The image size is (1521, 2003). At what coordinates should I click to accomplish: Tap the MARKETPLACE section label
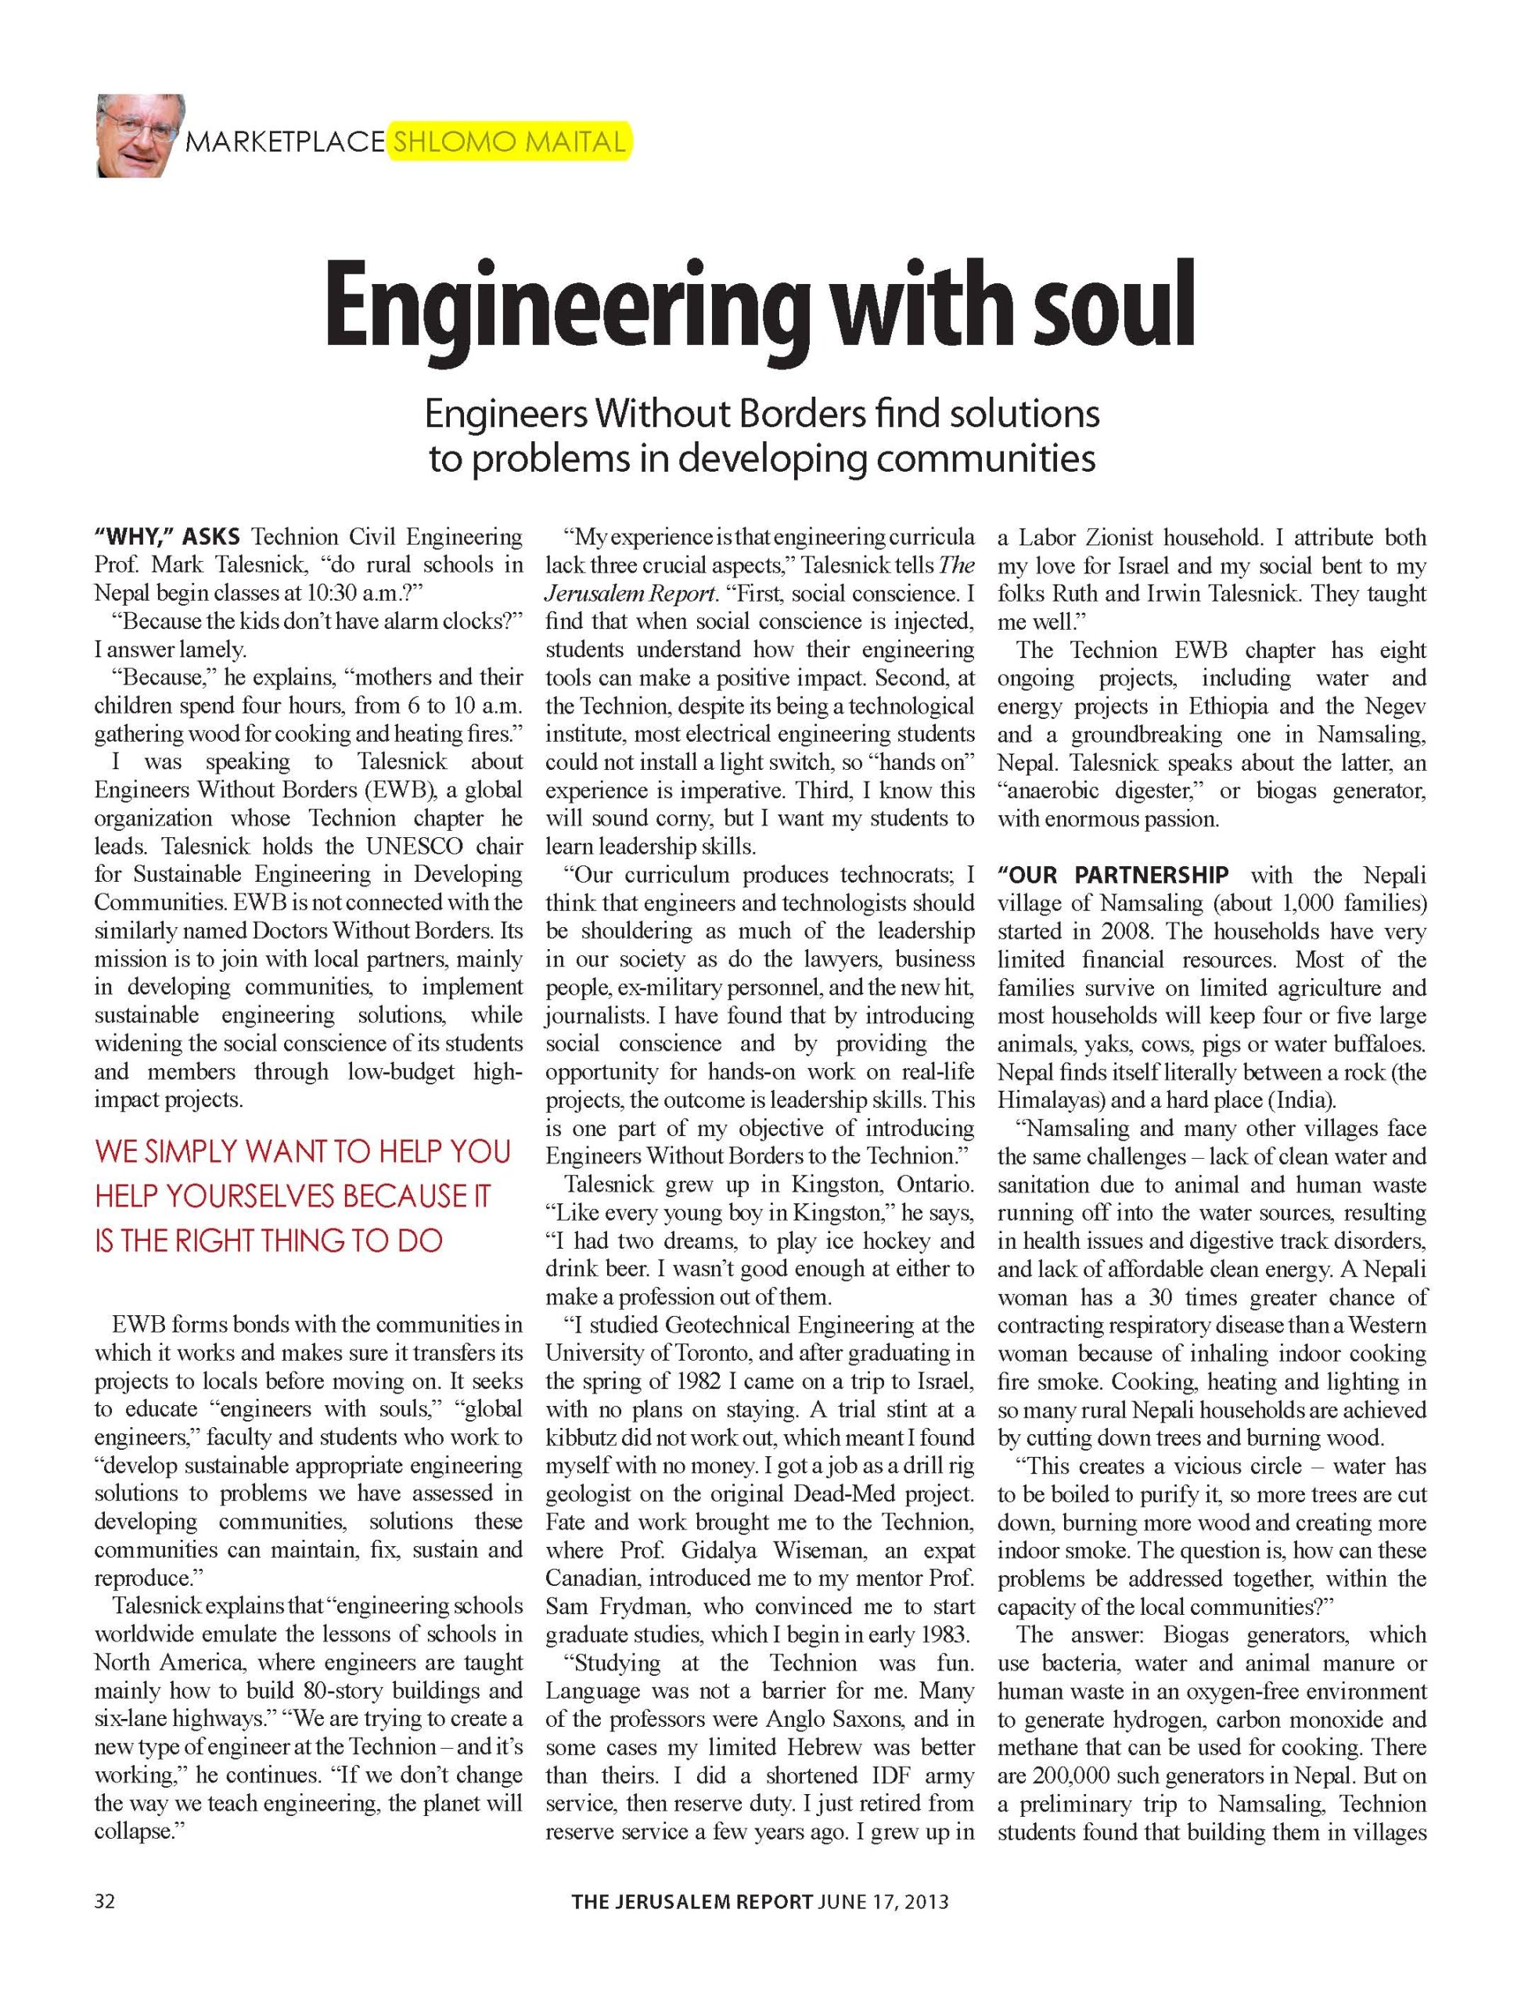click(284, 142)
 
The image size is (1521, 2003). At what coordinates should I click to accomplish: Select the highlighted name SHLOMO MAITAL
click(508, 142)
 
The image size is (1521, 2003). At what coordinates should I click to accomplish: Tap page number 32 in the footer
click(105, 1901)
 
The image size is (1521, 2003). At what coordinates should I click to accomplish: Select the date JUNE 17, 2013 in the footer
click(883, 1901)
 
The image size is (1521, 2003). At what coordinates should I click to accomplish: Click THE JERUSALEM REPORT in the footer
click(692, 1901)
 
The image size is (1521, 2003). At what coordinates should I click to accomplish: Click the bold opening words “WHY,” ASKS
click(167, 537)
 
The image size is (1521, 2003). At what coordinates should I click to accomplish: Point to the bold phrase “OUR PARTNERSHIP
click(1113, 876)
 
